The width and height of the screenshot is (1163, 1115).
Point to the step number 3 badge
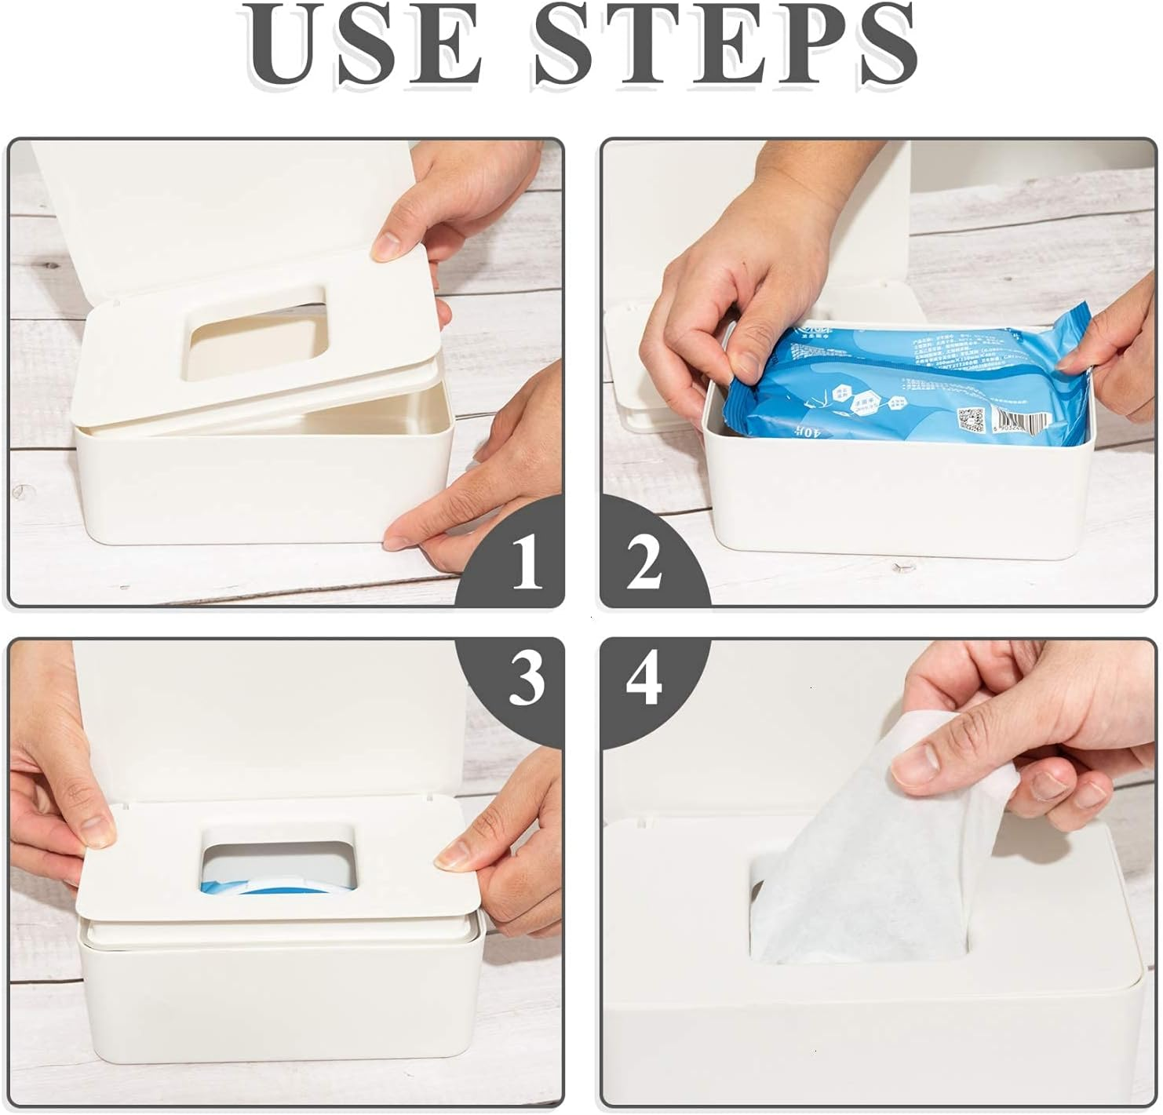point(525,676)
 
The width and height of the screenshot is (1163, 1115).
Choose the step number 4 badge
point(643,676)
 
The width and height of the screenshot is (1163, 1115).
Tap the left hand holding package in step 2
point(722,314)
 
